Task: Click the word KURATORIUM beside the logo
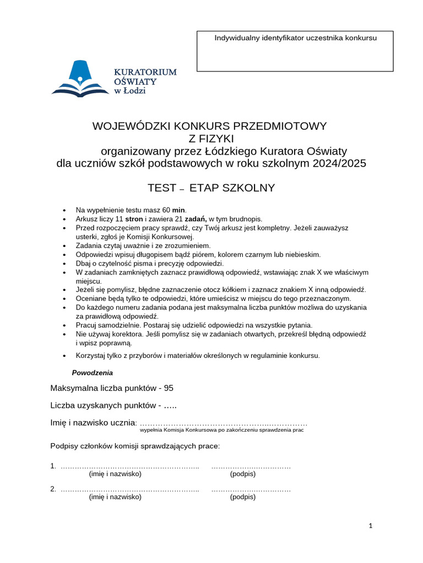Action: click(145, 72)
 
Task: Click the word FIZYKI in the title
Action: click(211, 138)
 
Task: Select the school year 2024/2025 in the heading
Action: click(335, 164)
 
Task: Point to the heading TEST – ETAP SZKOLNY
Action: click(211, 188)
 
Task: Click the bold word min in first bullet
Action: click(179, 210)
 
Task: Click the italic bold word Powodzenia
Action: click(92, 373)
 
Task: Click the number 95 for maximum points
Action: click(168, 388)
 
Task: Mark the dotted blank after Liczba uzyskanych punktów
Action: click(171, 406)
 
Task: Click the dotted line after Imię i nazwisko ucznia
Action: click(223, 423)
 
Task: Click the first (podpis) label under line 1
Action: click(243, 473)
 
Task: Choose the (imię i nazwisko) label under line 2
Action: click(115, 496)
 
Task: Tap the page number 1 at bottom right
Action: click(371, 526)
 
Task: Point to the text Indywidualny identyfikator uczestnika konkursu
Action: click(295, 38)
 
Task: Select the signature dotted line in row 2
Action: click(251, 489)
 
